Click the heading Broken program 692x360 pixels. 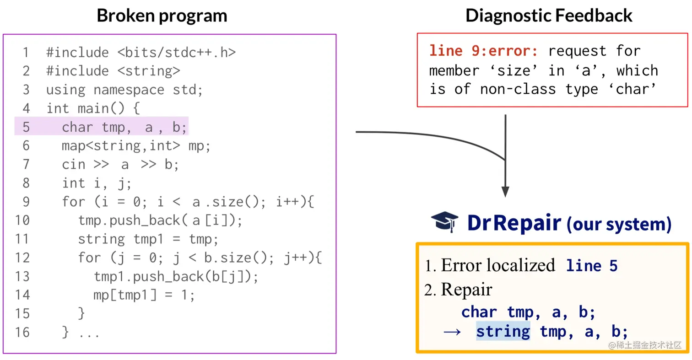click(x=162, y=16)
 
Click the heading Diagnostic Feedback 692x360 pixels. click(x=549, y=16)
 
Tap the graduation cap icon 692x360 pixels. click(x=444, y=223)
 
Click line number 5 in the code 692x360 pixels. click(x=26, y=127)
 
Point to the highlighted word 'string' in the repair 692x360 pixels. click(x=503, y=331)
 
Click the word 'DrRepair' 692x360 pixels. click(x=514, y=223)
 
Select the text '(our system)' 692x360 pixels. click(x=619, y=224)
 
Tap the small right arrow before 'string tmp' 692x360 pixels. click(x=452, y=332)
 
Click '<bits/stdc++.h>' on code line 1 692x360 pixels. click(x=177, y=53)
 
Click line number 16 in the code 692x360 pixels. click(x=22, y=332)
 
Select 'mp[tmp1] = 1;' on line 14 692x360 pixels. click(x=144, y=295)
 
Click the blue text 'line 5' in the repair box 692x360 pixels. click(x=592, y=265)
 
